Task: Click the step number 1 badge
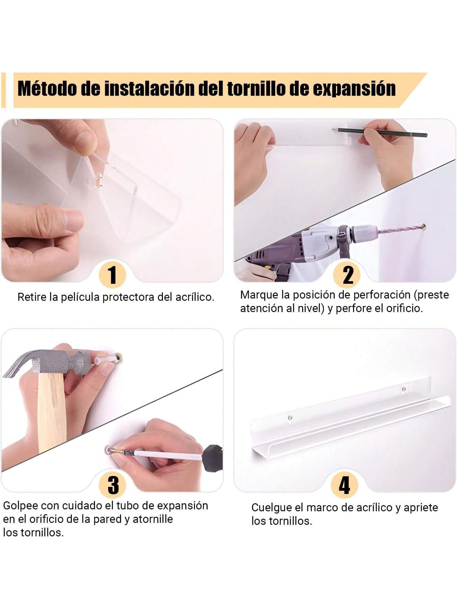(112, 275)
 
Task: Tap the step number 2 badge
(348, 275)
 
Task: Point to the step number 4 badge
(344, 485)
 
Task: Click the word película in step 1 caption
(80, 297)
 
